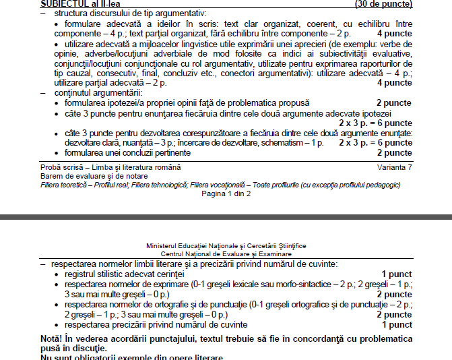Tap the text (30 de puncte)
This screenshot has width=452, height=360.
tap(383, 3)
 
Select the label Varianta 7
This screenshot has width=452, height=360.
tap(394, 167)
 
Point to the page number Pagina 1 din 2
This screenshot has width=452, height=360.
tap(226, 193)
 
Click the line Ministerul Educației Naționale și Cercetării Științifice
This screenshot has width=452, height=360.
tap(226, 245)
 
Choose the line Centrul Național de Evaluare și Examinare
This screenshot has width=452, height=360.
tap(226, 253)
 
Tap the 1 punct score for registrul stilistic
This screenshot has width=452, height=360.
tap(397, 274)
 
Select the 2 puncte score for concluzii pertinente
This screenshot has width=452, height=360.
tap(394, 153)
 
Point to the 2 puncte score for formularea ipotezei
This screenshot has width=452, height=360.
tap(394, 102)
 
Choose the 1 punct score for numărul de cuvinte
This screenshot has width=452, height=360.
tap(397, 325)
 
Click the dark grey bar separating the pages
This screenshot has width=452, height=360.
tap(226, 218)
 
